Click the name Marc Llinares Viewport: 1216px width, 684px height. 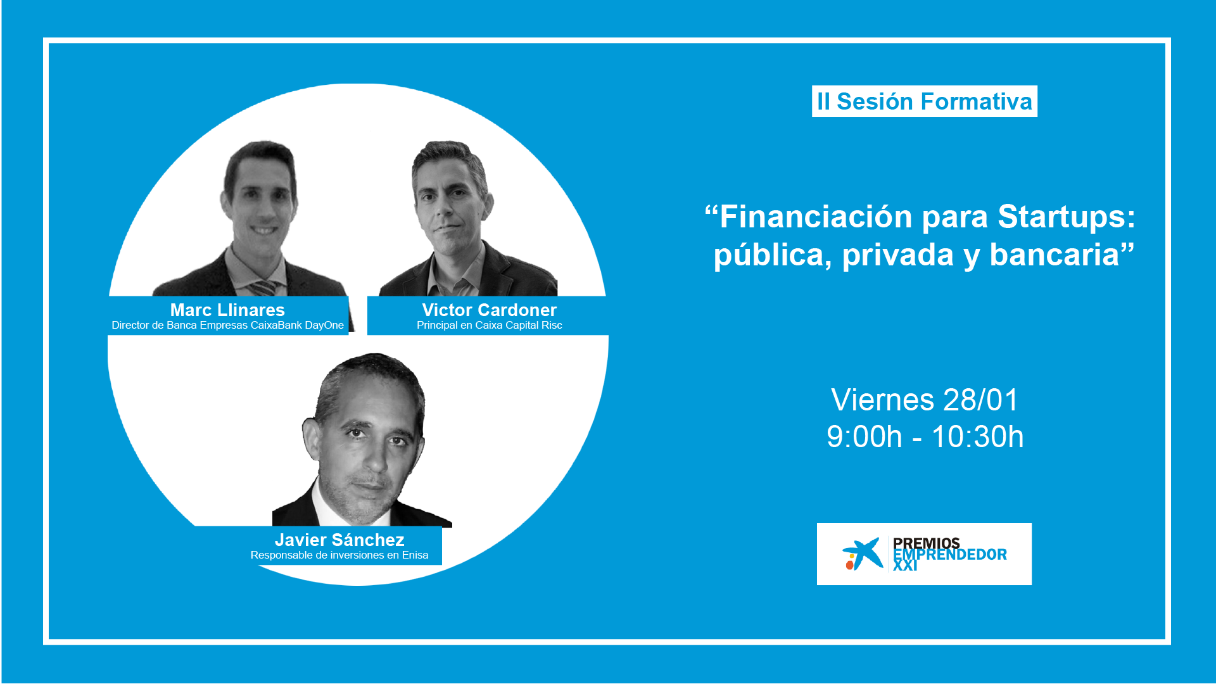pos(227,310)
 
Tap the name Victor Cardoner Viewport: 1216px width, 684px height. pos(490,310)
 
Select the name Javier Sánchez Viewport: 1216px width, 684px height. pos(339,540)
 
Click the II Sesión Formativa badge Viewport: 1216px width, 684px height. pos(925,101)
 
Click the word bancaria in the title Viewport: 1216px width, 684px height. pos(1054,255)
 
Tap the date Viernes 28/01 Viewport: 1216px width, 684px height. pos(925,400)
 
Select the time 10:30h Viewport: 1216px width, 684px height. pos(977,437)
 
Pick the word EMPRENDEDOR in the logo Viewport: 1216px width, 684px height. pos(950,555)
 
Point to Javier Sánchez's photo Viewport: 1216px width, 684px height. pos(362,440)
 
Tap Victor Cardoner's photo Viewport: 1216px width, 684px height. pos(469,218)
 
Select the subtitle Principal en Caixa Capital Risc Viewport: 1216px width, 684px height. pos(490,326)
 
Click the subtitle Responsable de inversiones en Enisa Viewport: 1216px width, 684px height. pos(339,555)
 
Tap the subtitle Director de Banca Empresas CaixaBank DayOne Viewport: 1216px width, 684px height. pos(228,326)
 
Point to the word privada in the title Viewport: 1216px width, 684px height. pos(898,256)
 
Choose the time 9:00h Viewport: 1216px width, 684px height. pos(864,437)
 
